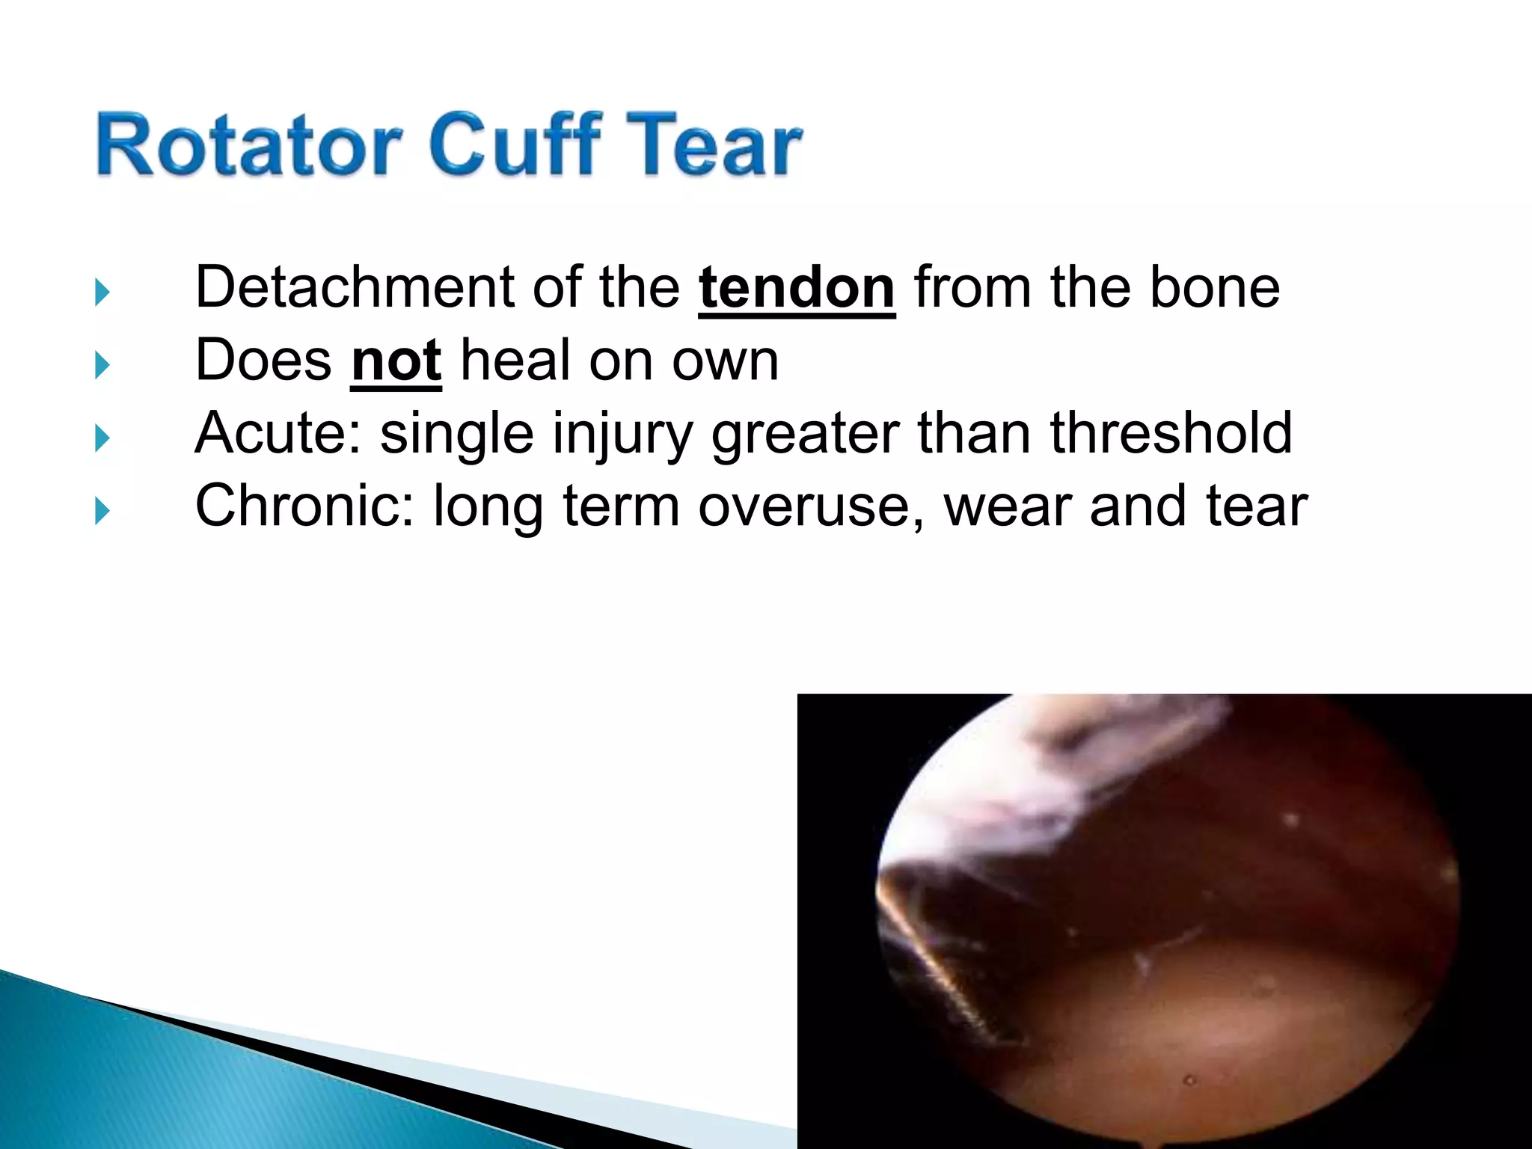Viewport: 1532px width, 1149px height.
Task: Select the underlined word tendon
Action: [797, 287]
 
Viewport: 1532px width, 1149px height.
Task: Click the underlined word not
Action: [396, 361]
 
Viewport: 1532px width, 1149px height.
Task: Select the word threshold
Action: [1171, 433]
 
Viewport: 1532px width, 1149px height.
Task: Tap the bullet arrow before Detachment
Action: [102, 292]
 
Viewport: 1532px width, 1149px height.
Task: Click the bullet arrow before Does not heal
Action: [102, 366]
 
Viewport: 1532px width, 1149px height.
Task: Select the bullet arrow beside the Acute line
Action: [102, 438]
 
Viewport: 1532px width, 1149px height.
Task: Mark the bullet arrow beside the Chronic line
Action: [102, 512]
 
